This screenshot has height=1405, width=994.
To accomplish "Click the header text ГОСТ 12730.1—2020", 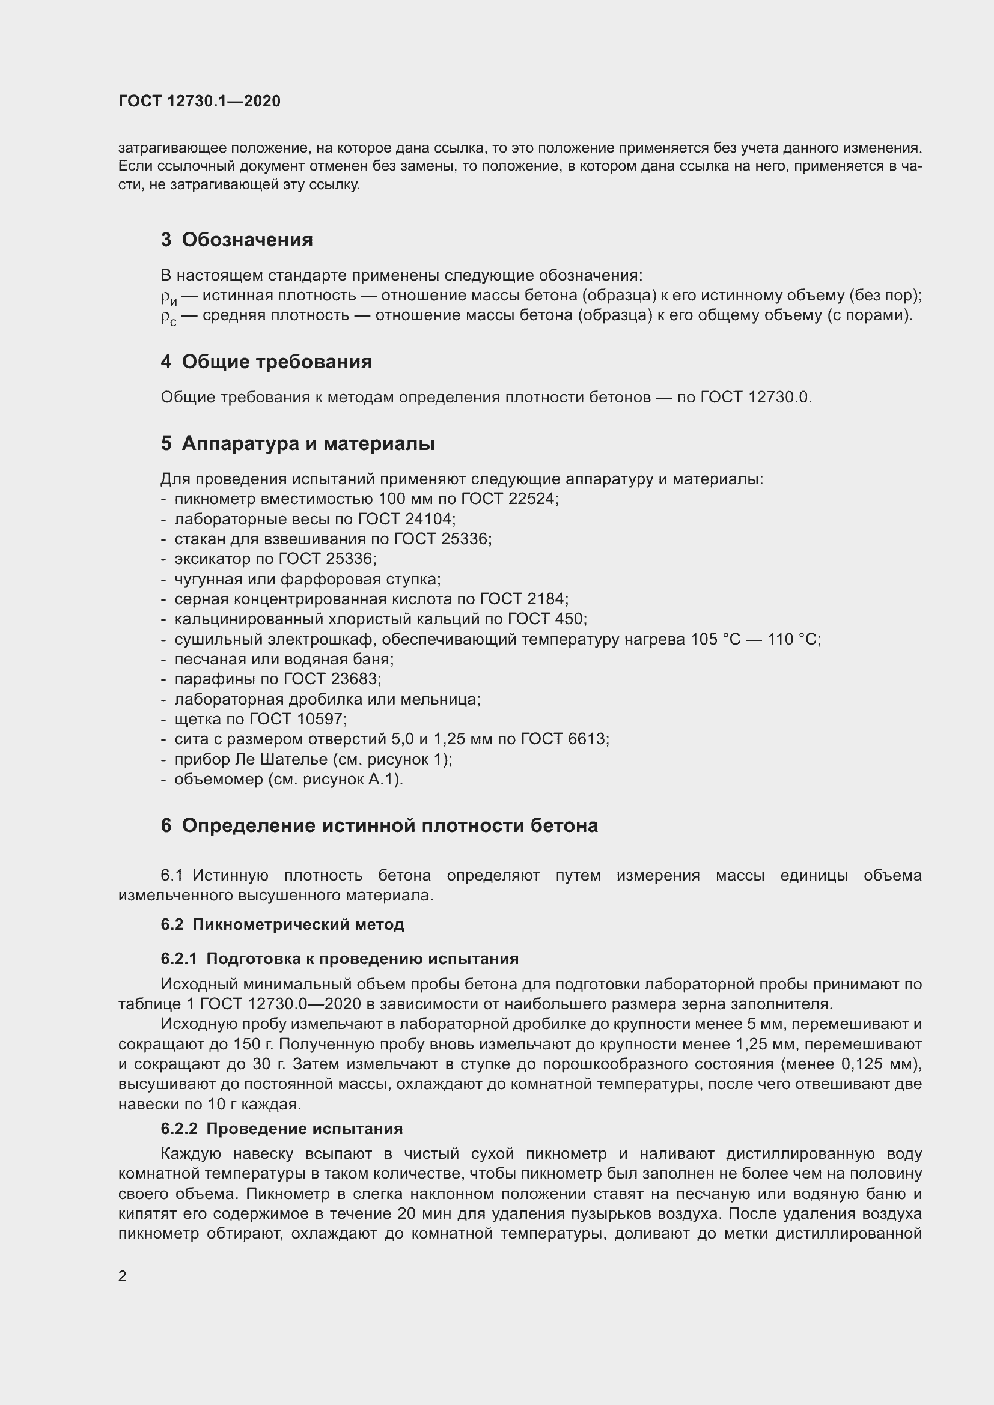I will [x=199, y=101].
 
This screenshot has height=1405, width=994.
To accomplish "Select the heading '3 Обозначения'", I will [x=236, y=240].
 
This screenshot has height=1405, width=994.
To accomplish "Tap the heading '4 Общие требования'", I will [x=266, y=362].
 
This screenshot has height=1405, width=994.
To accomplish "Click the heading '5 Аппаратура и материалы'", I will [x=297, y=443].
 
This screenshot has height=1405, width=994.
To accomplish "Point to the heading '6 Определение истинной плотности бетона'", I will [x=379, y=825].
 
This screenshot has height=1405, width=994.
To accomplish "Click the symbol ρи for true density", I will [x=168, y=297].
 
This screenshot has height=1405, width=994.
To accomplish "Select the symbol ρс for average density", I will [x=168, y=317].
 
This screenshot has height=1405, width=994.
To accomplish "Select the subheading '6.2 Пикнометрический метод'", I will [x=282, y=924].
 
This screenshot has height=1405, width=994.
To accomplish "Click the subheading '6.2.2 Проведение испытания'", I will [x=281, y=1129].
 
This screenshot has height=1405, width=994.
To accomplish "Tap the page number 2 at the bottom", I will [x=123, y=1276].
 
